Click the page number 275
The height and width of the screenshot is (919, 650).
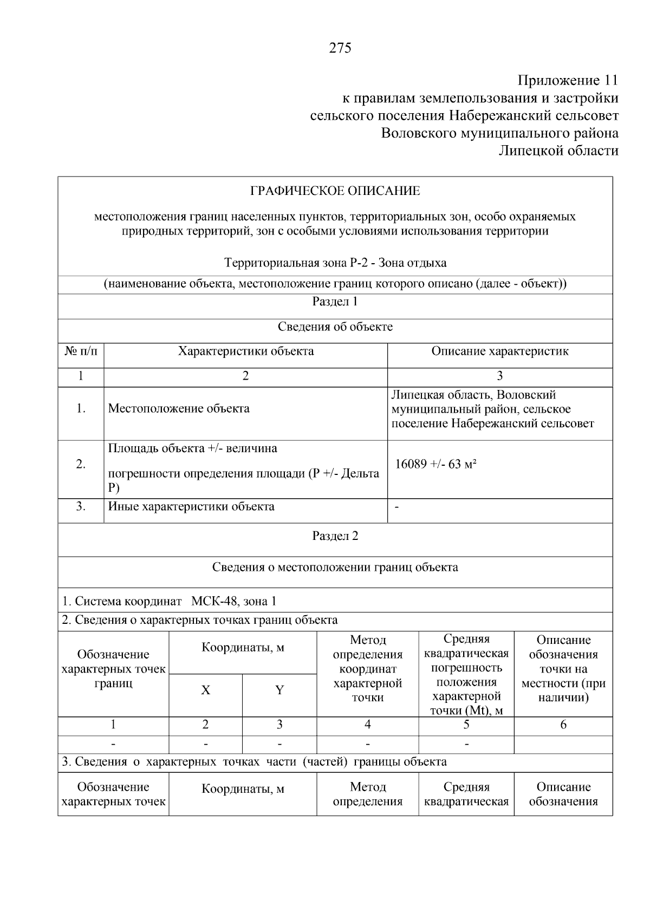click(x=340, y=48)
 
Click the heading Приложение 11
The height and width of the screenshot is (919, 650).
click(x=568, y=81)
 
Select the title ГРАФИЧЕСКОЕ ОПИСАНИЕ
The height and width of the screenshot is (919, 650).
click(x=335, y=191)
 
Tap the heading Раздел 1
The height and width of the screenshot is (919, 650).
click(x=335, y=302)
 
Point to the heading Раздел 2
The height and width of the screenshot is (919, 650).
click(x=335, y=536)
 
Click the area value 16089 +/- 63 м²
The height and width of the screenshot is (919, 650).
click(x=435, y=464)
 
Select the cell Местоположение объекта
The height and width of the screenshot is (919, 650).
click(x=179, y=408)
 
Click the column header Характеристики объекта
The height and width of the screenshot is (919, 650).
click(x=246, y=351)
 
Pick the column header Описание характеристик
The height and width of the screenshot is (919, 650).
click(x=499, y=351)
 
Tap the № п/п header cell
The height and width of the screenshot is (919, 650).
click(x=81, y=351)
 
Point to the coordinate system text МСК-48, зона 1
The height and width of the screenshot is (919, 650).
click(x=233, y=601)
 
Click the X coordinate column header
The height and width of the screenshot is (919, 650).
click(x=205, y=690)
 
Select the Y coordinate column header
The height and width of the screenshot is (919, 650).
click(x=279, y=690)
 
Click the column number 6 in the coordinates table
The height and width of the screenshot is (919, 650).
click(x=563, y=725)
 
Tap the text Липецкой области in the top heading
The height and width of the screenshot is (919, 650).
click(x=558, y=151)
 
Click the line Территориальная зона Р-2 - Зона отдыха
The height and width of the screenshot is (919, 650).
click(x=335, y=263)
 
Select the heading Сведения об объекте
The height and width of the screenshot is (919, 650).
click(x=335, y=327)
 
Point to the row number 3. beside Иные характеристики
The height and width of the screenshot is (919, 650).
click(x=81, y=507)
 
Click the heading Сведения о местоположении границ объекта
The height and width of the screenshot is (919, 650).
click(x=335, y=568)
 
